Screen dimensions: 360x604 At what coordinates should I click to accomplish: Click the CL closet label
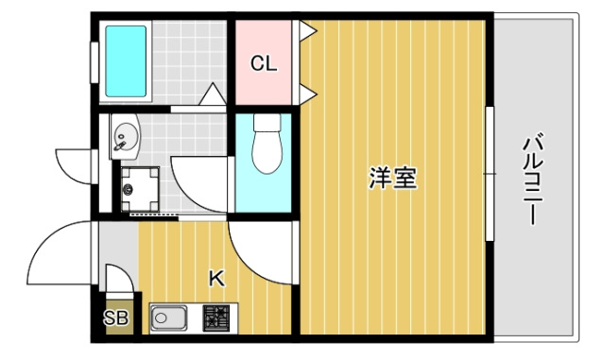263,64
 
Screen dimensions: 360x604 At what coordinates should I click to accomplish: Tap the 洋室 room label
392,178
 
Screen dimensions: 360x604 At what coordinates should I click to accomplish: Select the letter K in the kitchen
216,279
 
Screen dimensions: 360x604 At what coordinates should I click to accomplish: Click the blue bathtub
126,60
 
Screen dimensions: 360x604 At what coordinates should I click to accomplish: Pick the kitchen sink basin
170,319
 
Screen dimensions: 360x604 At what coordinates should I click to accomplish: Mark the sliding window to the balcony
490,175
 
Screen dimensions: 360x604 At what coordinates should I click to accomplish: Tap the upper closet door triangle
306,31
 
